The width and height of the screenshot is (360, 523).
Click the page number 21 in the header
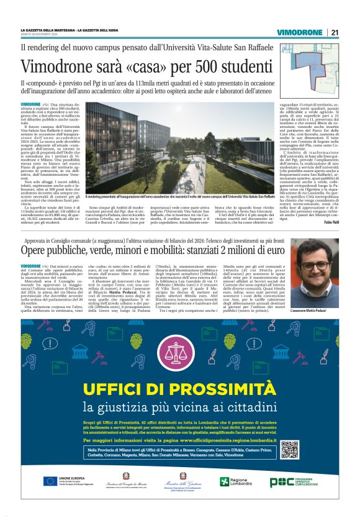335,32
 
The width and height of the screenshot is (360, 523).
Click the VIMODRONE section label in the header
299,32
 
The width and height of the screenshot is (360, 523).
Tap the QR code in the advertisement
289,449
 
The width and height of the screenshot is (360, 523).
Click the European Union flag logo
52,481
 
